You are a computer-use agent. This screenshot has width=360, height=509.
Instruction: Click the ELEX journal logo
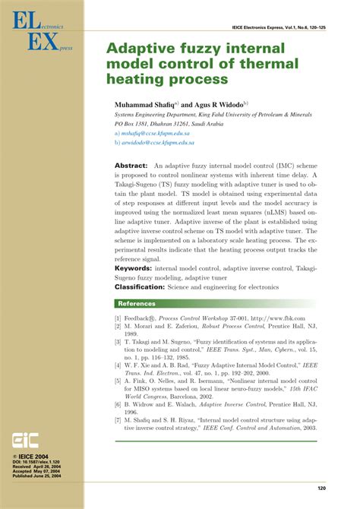38,32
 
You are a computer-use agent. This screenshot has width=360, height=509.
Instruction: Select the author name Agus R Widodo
212,103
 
